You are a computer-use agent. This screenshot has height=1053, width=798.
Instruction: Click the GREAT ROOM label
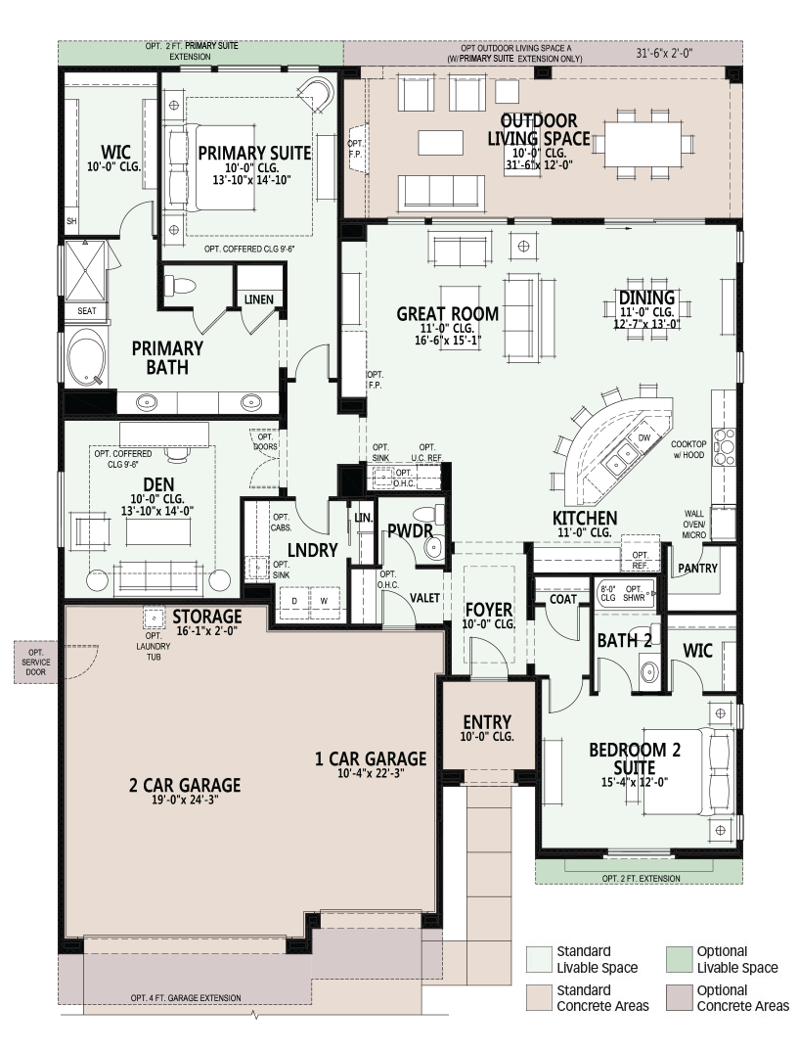pyautogui.click(x=447, y=313)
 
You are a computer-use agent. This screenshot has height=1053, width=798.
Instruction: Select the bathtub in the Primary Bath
pyautogui.click(x=87, y=357)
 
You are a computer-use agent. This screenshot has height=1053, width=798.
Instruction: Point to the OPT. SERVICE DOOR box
pyautogui.click(x=35, y=663)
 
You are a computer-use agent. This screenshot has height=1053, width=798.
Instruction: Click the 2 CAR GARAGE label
pyautogui.click(x=185, y=785)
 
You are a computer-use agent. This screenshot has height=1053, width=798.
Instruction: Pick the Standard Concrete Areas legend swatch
pyautogui.click(x=538, y=998)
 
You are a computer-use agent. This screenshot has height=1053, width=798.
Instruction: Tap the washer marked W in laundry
pyautogui.click(x=324, y=600)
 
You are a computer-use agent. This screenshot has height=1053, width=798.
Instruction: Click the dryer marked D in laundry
pyautogui.click(x=294, y=600)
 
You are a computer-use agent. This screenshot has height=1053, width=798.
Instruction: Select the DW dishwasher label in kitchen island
pyautogui.click(x=644, y=437)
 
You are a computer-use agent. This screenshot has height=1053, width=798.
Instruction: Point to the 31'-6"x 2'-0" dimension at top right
pyautogui.click(x=664, y=53)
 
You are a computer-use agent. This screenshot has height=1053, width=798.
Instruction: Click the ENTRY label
pyautogui.click(x=487, y=722)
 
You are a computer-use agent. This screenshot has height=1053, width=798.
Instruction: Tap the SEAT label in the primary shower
pyautogui.click(x=87, y=311)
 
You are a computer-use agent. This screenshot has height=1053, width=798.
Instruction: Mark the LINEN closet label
pyautogui.click(x=258, y=299)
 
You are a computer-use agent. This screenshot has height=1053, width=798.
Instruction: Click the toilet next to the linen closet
pyautogui.click(x=179, y=286)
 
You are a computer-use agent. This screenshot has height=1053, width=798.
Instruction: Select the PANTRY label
pyautogui.click(x=697, y=569)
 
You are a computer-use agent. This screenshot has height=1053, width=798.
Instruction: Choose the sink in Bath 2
pyautogui.click(x=648, y=671)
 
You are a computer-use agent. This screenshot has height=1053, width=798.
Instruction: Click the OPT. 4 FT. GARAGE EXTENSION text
pyautogui.click(x=186, y=998)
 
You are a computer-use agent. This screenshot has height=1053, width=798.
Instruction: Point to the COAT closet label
pyautogui.click(x=563, y=599)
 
